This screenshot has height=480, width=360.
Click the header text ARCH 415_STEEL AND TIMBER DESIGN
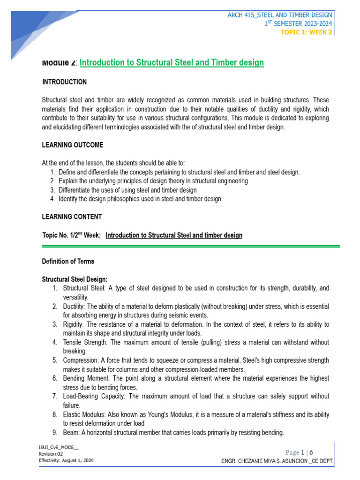point(280,15)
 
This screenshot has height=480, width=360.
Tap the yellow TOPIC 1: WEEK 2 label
point(307,32)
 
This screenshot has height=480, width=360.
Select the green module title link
point(172,62)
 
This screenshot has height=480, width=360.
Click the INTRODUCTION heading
point(64,82)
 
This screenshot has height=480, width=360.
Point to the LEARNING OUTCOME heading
point(73,145)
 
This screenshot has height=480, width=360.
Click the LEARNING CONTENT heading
point(72,217)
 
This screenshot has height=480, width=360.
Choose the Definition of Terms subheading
point(68,261)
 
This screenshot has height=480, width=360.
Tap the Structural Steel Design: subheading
point(75,279)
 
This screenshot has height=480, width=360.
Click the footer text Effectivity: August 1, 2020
point(66,461)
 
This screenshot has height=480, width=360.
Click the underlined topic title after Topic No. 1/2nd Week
point(174,235)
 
